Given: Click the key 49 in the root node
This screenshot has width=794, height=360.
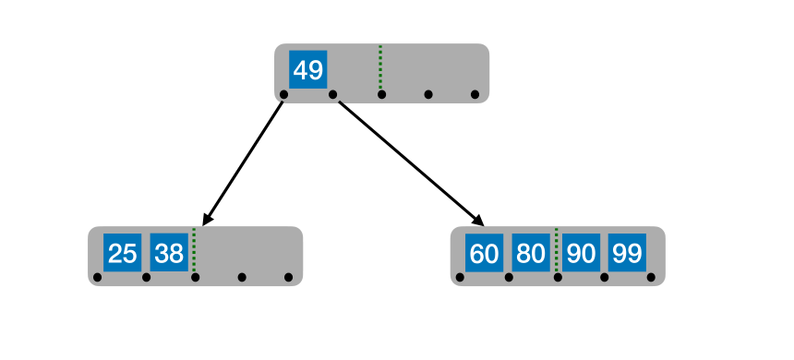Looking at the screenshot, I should [x=307, y=70].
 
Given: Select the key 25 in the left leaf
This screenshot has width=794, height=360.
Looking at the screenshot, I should [x=122, y=253].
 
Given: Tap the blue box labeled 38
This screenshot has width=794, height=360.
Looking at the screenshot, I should [x=169, y=253].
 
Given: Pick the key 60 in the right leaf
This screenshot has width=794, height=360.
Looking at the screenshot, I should [x=484, y=253].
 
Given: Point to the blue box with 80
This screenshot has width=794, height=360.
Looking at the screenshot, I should [x=531, y=253].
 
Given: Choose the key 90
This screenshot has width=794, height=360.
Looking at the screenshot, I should [x=580, y=253].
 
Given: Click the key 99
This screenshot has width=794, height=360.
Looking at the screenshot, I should [x=627, y=253].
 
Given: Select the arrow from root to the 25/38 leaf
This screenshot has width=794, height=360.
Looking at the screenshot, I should [x=244, y=161].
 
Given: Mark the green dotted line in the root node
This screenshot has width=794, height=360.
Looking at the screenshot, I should [x=380, y=67].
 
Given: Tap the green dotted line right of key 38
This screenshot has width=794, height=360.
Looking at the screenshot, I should [x=194, y=250].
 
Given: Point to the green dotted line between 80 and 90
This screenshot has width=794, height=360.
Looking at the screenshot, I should [x=556, y=250].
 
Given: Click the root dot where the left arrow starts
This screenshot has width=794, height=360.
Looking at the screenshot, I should [x=283, y=94].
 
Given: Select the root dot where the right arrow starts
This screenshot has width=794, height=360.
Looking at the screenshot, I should [x=332, y=94].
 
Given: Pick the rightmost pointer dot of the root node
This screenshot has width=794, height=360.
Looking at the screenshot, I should [x=475, y=94].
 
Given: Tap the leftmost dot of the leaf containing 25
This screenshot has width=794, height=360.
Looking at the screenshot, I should [x=97, y=277].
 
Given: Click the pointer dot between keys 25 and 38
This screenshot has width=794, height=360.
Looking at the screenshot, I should [x=146, y=277].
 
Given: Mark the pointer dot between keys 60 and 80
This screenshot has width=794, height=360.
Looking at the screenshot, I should [x=508, y=277].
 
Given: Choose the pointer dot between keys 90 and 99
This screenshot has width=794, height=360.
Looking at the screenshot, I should [x=604, y=277].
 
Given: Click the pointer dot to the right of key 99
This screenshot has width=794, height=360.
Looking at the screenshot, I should [x=651, y=277].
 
